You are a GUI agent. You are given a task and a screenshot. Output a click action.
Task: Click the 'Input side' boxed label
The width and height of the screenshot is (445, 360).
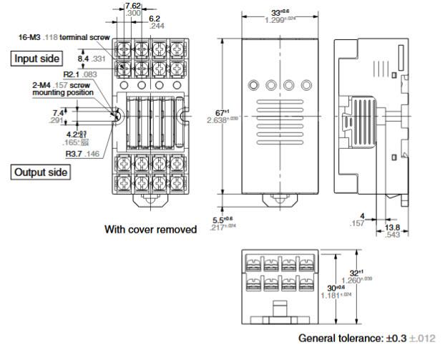[36, 58]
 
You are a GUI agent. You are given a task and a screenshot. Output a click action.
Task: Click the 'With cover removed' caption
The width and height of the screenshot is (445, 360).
[150, 230]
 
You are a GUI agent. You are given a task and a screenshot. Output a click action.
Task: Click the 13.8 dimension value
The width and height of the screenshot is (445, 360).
[392, 228]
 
